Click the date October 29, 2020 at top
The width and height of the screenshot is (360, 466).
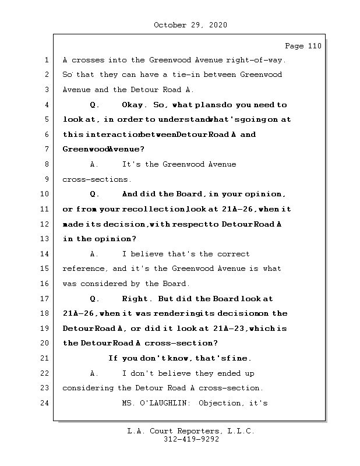coord(190,25)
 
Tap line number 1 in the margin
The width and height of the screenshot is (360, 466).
coord(45,60)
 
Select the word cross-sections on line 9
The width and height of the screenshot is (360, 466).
coord(97,179)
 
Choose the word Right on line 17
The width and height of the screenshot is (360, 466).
coord(137,299)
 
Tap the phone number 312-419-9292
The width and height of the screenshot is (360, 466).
coord(191,440)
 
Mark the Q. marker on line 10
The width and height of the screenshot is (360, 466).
coord(94,194)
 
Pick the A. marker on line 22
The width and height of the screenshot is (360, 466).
coord(94,373)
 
